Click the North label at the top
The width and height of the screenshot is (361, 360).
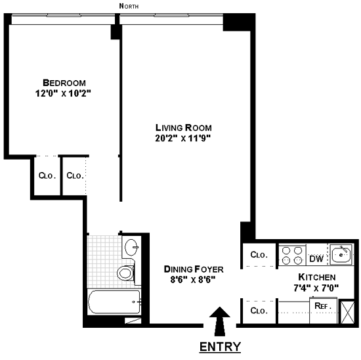point(129,6)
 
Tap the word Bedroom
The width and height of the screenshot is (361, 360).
point(64,83)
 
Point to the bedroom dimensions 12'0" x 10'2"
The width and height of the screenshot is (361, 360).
point(64,93)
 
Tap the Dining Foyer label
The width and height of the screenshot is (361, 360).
point(194,269)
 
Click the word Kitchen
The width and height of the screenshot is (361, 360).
point(317,277)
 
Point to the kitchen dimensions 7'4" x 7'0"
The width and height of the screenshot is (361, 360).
point(317,288)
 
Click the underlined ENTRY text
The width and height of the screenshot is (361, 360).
point(220,346)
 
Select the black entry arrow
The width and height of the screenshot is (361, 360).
point(221,320)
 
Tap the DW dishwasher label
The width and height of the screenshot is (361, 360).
point(316,256)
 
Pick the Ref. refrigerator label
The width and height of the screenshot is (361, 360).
point(322,305)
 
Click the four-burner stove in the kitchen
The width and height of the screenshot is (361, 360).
point(291,255)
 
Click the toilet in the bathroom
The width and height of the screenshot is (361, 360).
point(125,272)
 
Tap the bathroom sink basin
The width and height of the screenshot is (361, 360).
point(131,248)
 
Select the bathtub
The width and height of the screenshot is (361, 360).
point(114,303)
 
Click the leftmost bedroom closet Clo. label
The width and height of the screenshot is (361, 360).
point(45,175)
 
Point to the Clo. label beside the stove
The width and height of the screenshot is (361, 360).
point(258,255)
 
